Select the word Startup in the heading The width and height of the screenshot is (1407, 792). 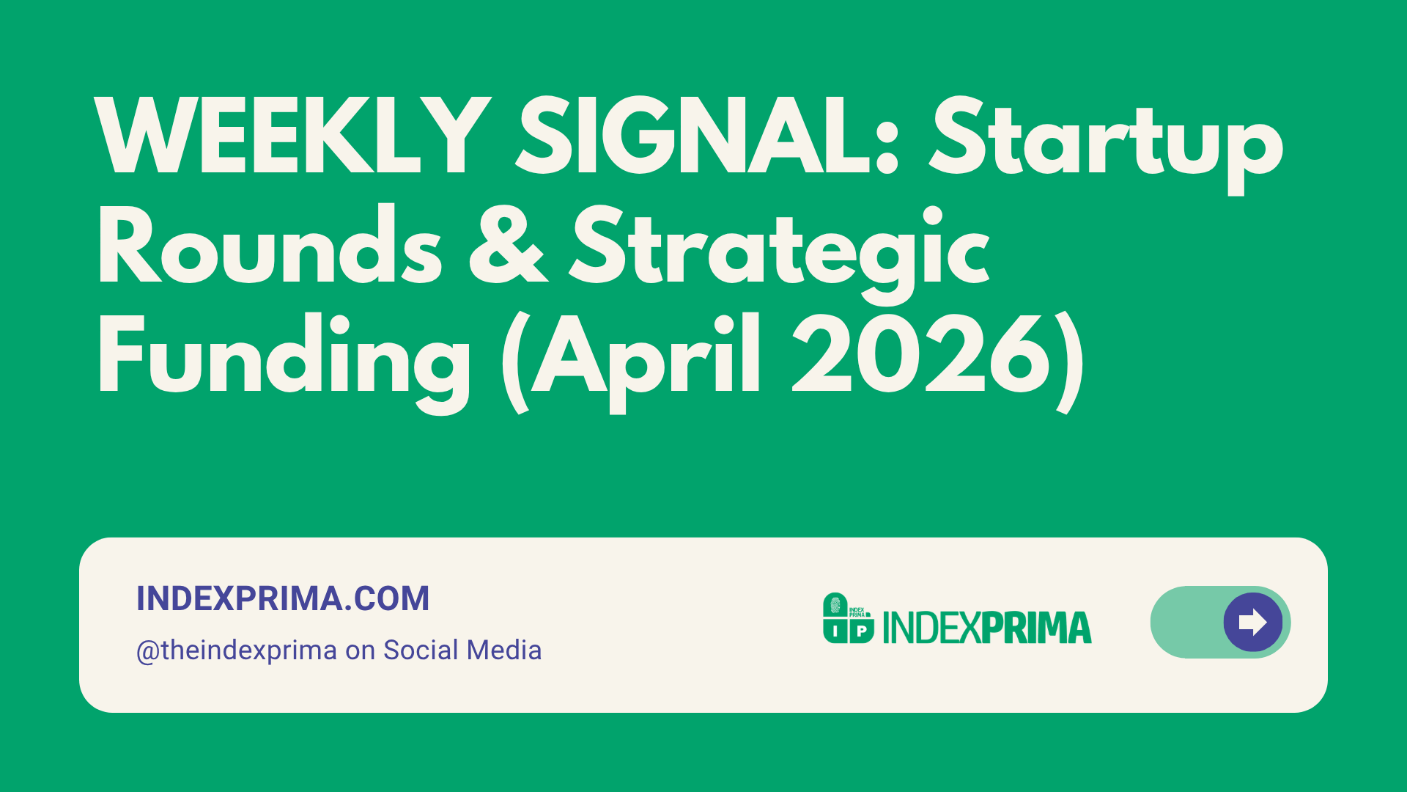pos(1107,144)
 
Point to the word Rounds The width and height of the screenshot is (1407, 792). pos(270,245)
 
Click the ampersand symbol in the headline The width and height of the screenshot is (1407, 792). pos(507,245)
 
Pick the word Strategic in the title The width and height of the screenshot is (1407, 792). pos(780,253)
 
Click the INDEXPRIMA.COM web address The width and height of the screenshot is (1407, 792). pos(283,598)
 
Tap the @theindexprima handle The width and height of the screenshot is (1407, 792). pos(237,651)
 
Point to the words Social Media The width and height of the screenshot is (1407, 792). pos(462,650)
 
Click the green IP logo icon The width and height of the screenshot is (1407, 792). pos(849,618)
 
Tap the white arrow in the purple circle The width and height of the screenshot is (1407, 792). pos(1252,622)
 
